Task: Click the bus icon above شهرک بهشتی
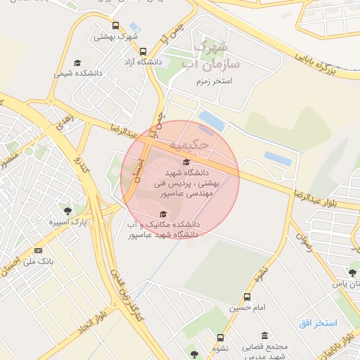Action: [x=115, y=25]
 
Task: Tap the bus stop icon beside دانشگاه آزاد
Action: [x=143, y=51]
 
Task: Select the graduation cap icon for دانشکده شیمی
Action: [x=77, y=63]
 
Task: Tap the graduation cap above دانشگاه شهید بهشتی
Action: [x=186, y=162]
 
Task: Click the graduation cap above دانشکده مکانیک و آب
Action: [x=164, y=214]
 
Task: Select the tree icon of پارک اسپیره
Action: [x=67, y=210]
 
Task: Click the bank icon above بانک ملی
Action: [x=38, y=250]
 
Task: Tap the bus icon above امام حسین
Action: [x=246, y=297]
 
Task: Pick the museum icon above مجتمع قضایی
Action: [x=264, y=335]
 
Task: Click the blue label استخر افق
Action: [x=318, y=323]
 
